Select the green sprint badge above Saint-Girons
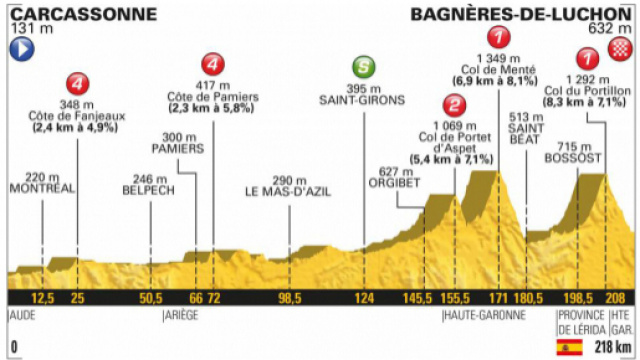point(367,68)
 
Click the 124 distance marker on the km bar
point(366,298)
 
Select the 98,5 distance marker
point(290,298)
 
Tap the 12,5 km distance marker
point(42,298)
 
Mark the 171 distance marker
point(498,298)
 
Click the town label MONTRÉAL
point(41,187)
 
